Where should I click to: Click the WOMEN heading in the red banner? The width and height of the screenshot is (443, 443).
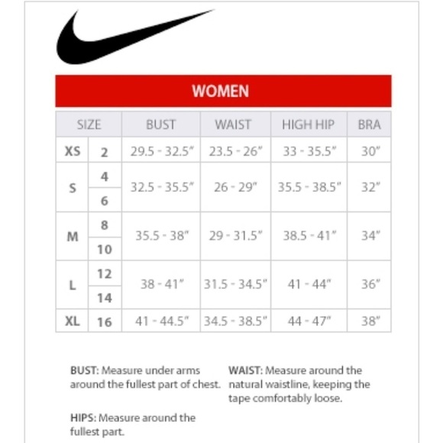tap(220, 92)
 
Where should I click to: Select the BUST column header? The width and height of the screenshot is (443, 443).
tap(160, 124)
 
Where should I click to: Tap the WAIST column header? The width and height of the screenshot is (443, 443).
tap(233, 124)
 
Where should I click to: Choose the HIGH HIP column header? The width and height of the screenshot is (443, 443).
tap(309, 124)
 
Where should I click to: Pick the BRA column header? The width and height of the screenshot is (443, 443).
tap(369, 124)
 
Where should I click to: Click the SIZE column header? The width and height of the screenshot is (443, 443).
tap(89, 124)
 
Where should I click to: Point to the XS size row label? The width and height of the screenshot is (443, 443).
tap(73, 151)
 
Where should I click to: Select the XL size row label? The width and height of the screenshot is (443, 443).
tap(73, 322)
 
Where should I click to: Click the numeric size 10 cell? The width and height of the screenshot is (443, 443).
tap(105, 249)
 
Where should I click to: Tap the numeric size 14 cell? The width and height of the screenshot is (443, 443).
tap(105, 298)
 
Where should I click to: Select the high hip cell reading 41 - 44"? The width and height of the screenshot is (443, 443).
tap(309, 285)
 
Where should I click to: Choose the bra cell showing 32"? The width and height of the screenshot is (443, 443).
tap(370, 187)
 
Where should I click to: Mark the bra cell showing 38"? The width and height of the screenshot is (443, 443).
tap(370, 322)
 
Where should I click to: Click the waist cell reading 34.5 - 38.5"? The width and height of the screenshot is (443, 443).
tap(236, 322)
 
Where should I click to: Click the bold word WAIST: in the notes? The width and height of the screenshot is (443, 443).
tap(245, 370)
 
